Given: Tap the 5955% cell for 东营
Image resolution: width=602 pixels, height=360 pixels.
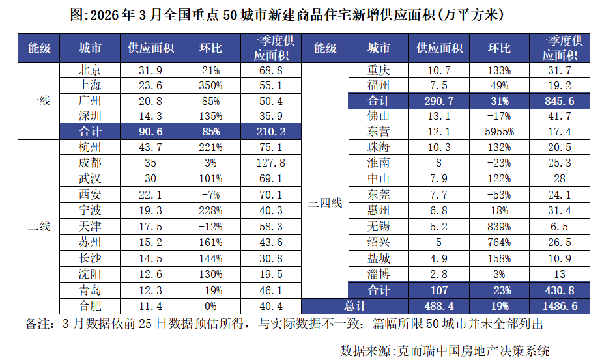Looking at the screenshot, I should pyautogui.click(x=500, y=132).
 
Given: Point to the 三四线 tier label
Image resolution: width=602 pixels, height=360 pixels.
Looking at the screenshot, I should pyautogui.click(x=325, y=203).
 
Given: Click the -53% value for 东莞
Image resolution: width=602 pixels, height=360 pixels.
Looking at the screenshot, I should pyautogui.click(x=500, y=195).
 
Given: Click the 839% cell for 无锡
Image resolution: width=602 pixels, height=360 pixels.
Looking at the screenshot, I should pyautogui.click(x=500, y=227).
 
